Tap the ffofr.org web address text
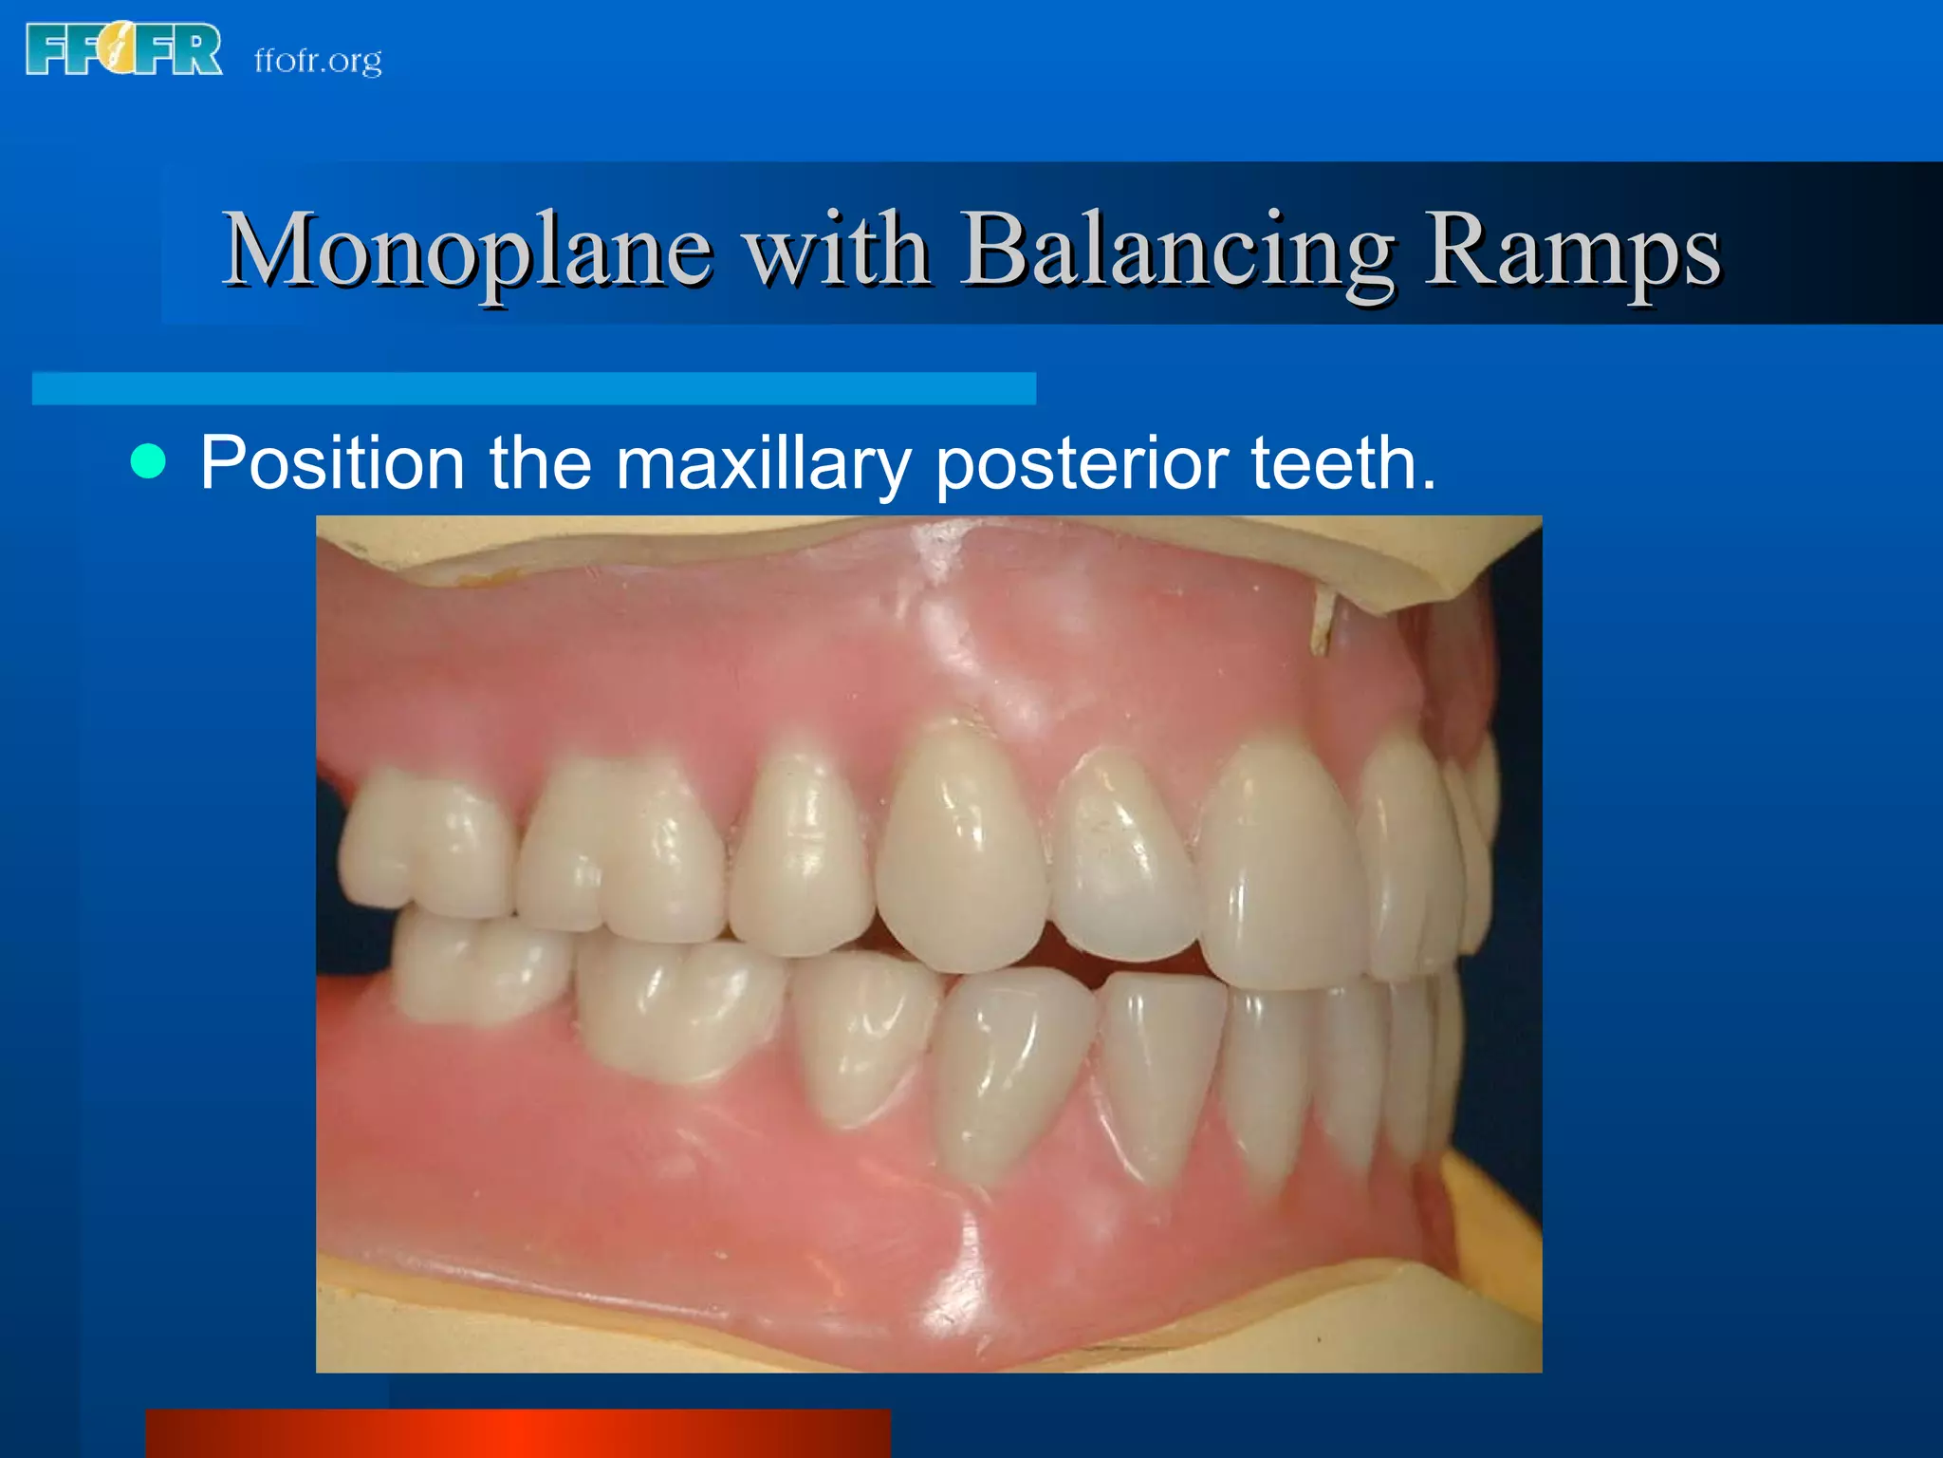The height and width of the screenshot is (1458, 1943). tap(318, 61)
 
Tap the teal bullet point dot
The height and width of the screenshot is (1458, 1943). tap(148, 461)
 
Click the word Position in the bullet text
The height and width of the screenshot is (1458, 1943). tap(332, 463)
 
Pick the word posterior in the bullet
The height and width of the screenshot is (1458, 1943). tap(1082, 463)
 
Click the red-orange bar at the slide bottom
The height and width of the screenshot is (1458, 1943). tap(518, 1433)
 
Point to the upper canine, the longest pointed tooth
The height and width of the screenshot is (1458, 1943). tap(960, 845)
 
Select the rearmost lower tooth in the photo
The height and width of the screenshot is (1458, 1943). tap(474, 968)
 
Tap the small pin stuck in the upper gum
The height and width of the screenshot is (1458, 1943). tap(1321, 622)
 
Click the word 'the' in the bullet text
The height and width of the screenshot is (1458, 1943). tap(540, 463)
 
